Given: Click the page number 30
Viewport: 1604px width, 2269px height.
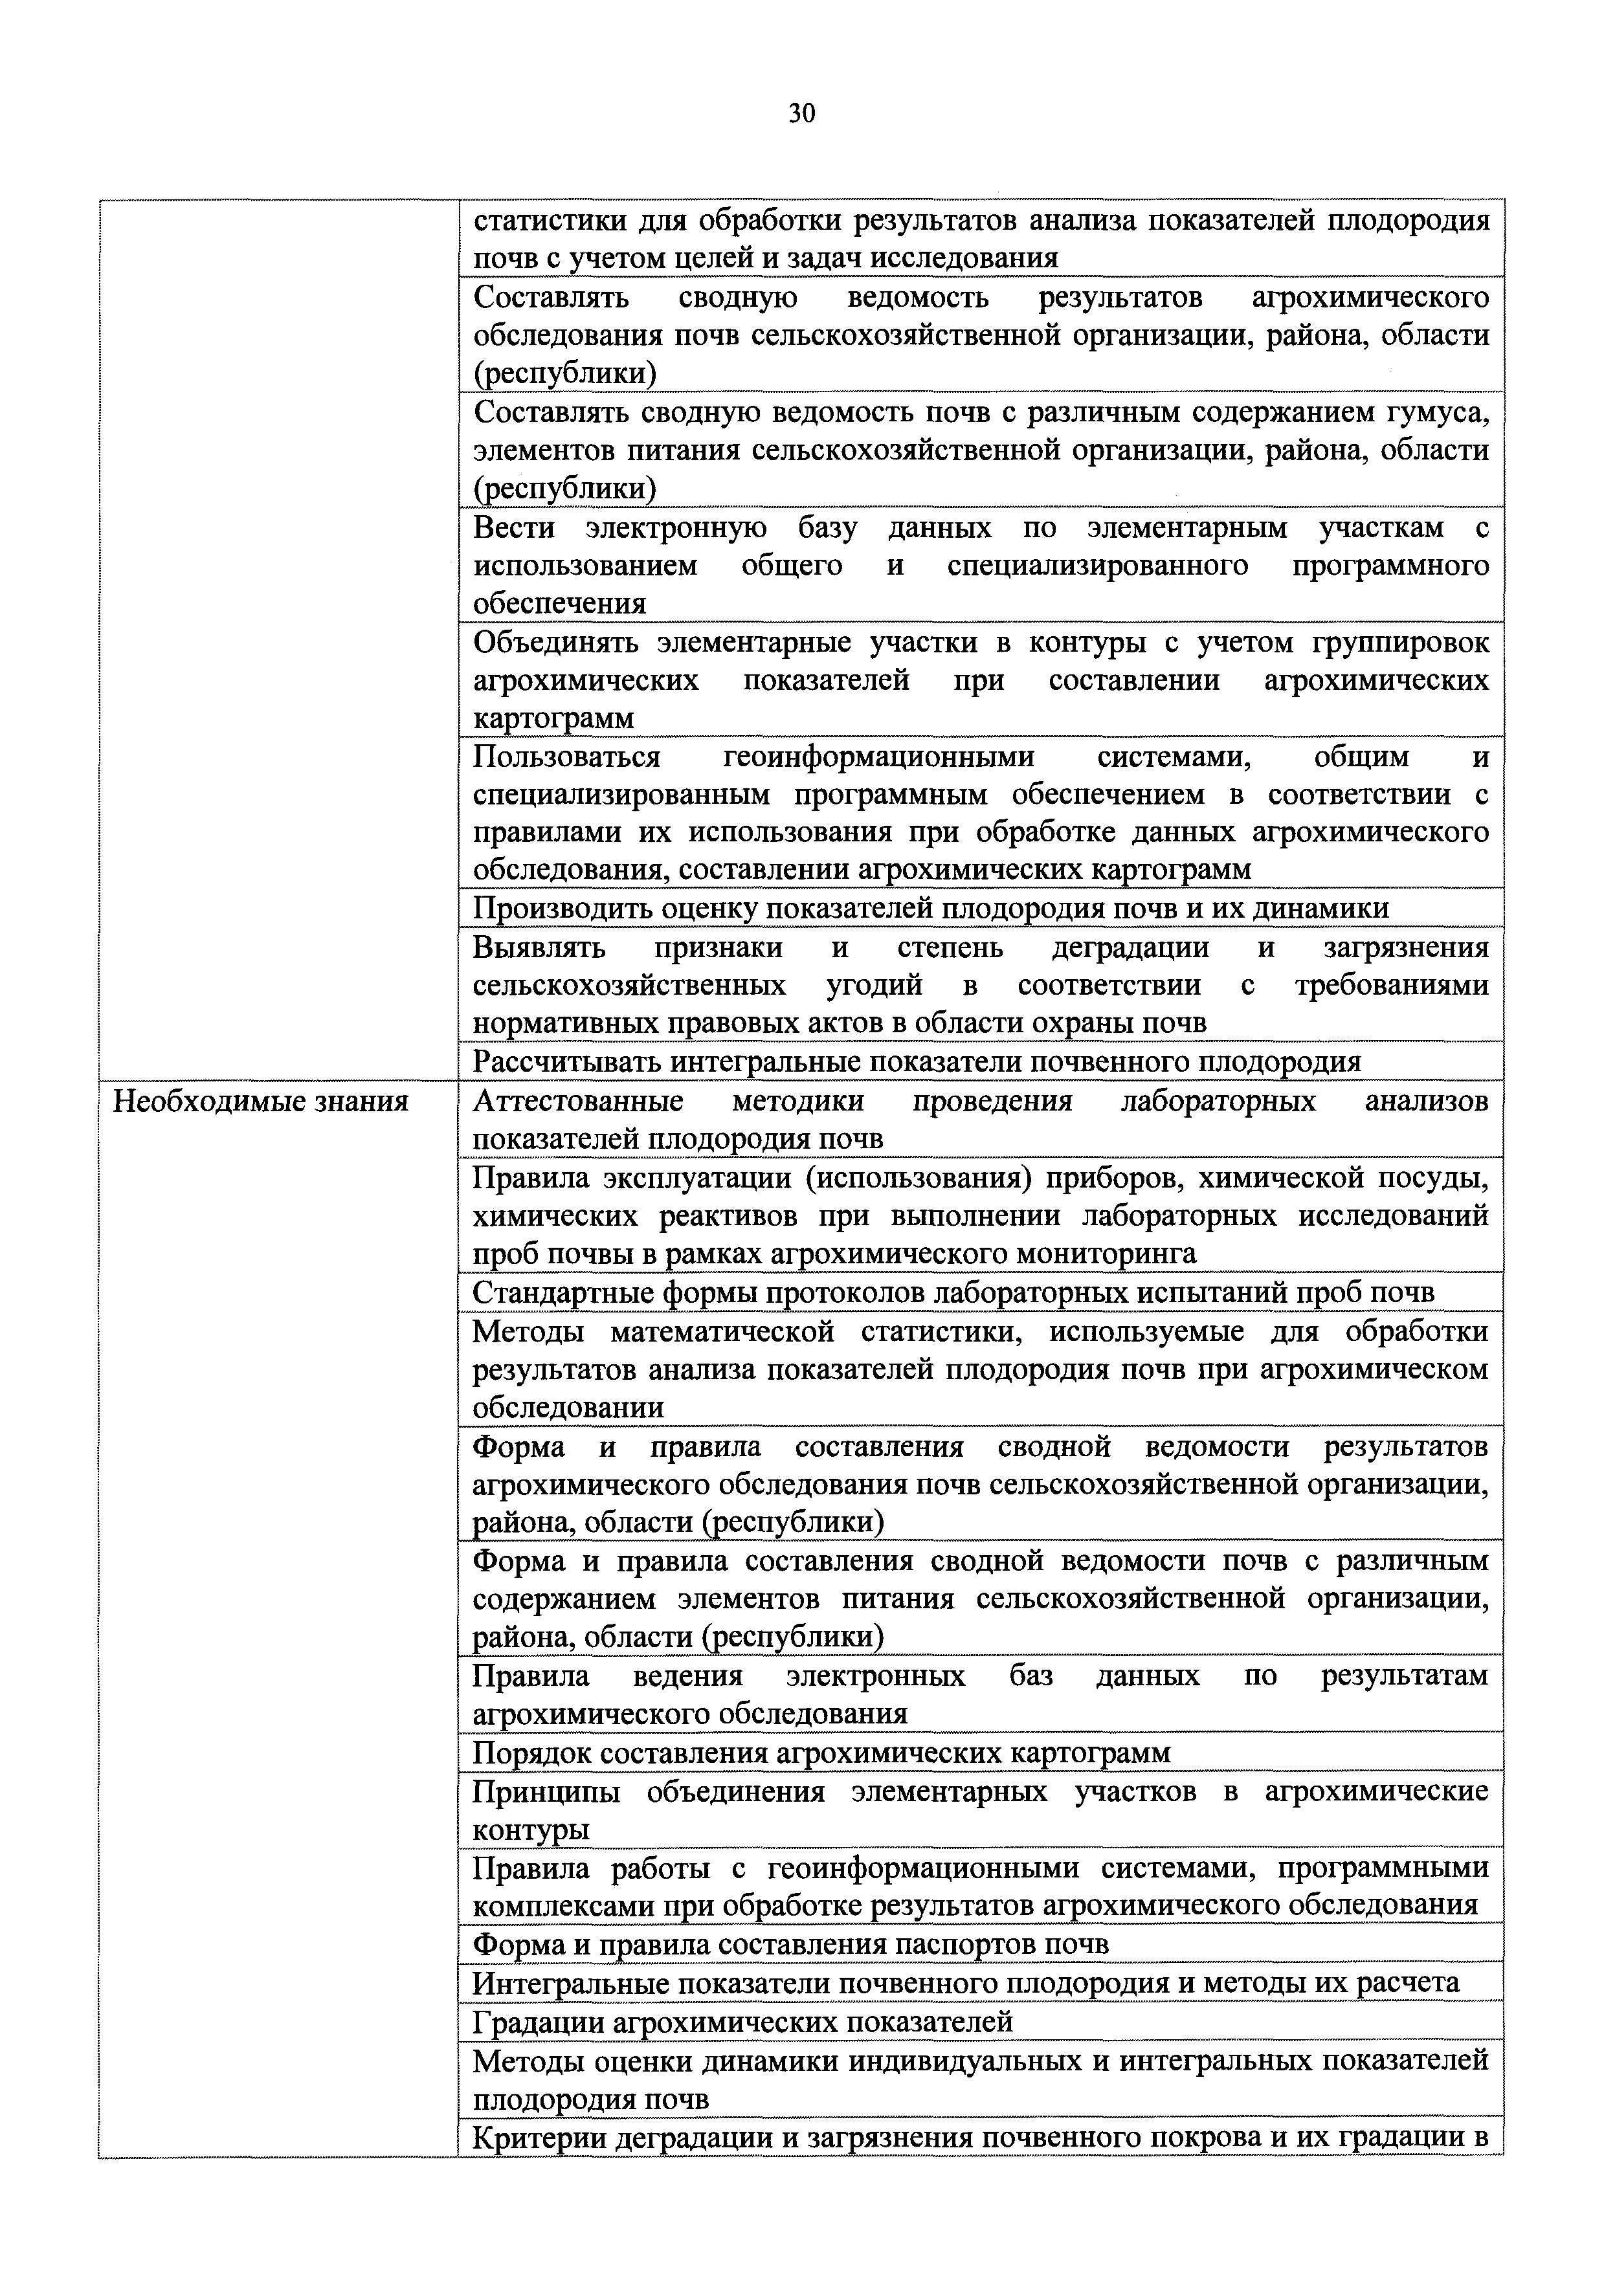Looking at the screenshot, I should click(801, 115).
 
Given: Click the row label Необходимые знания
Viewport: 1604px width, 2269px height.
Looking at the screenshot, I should click(261, 1101).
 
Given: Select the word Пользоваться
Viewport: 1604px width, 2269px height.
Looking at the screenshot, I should click(566, 757).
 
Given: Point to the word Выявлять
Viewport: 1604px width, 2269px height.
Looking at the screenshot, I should click(539, 947).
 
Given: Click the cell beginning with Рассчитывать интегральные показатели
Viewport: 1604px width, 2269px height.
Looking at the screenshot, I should click(916, 1061).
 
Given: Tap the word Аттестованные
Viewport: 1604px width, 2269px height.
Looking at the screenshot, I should click(578, 1101).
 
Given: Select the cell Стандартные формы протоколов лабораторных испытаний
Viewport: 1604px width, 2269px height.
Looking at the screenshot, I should click(953, 1292).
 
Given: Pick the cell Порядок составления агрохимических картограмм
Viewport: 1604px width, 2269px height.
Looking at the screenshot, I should click(821, 1752).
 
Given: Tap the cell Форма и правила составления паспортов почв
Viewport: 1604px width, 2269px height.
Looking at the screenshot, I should click(790, 1944).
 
